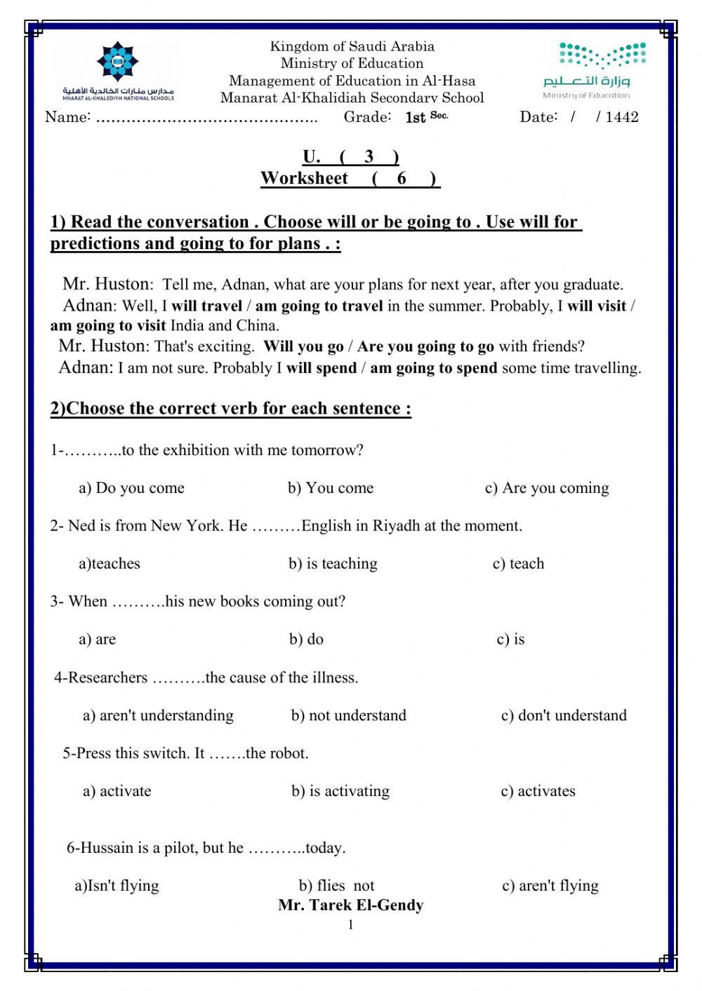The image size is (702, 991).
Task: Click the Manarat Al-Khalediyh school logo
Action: click(118, 71)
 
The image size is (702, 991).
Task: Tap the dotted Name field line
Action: click(206, 118)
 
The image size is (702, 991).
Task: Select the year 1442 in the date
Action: click(622, 117)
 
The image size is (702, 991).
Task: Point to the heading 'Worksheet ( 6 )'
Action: click(350, 178)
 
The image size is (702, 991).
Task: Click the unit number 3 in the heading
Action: click(369, 156)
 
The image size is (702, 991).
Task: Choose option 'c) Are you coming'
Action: click(547, 488)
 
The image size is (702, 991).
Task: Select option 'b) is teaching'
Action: click(333, 564)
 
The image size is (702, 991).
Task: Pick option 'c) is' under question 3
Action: click(510, 640)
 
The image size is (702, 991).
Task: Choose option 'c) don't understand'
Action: click(564, 715)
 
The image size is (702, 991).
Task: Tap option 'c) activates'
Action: click(538, 791)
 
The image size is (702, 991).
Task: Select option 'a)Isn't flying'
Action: click(117, 886)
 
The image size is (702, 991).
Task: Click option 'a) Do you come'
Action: click(131, 488)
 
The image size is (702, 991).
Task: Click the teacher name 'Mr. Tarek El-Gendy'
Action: click(350, 905)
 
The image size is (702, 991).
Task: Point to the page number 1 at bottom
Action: click(350, 925)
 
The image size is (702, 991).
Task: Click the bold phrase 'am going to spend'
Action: click(433, 368)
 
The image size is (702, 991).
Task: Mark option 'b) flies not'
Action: click(336, 886)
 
